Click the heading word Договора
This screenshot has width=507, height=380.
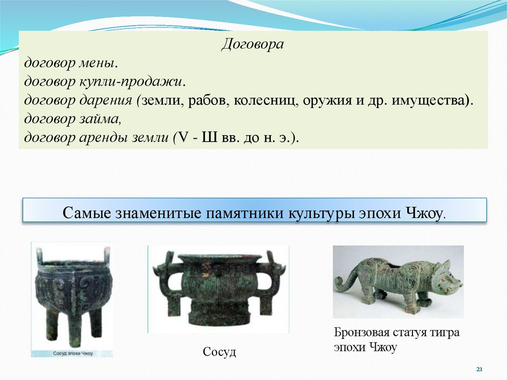click(253, 45)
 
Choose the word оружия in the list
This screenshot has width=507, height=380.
click(326, 100)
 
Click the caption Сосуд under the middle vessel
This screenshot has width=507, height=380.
click(219, 352)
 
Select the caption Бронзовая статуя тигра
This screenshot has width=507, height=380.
click(397, 332)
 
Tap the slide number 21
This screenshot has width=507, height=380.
click(479, 370)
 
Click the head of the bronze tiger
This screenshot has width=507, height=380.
click(449, 282)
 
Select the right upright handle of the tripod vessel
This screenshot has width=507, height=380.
click(106, 255)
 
